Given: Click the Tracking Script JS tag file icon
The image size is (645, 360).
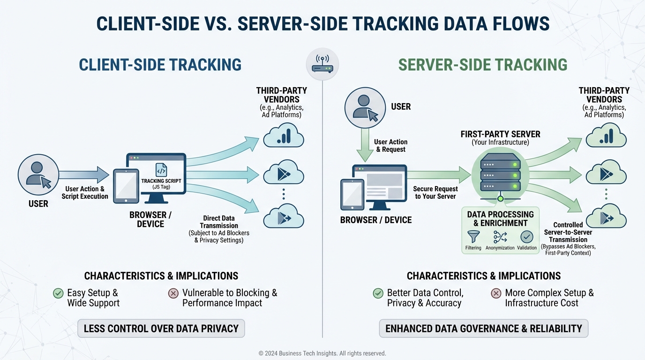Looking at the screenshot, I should (161, 170).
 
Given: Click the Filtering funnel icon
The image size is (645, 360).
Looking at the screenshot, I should (473, 237).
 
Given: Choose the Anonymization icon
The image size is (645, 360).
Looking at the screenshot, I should (500, 237).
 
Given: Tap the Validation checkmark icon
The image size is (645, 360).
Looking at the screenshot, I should (527, 237).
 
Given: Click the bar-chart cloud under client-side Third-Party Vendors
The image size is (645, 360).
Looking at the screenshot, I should (283, 136).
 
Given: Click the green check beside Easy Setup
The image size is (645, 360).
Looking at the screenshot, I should (58, 293).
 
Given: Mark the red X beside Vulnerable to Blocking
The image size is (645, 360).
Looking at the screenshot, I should (173, 293).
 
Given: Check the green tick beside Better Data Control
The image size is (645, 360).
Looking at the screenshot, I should (378, 293).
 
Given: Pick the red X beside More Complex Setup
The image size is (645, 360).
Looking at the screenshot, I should (496, 293).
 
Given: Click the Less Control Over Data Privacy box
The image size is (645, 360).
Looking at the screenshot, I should (161, 329).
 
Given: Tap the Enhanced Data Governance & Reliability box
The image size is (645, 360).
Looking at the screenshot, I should (483, 329).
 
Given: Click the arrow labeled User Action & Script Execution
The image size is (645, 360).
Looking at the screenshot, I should (84, 175).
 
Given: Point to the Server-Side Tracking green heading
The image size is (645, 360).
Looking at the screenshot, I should (483, 65).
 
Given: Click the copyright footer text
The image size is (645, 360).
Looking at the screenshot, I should (322, 353).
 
